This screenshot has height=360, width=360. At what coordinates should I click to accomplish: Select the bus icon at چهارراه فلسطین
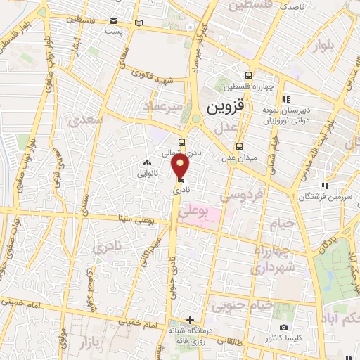[x=248, y=75]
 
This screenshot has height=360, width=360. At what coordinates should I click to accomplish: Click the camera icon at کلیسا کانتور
[x=283, y=328]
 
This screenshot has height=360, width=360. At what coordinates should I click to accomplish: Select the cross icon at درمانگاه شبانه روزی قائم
[x=189, y=320]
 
